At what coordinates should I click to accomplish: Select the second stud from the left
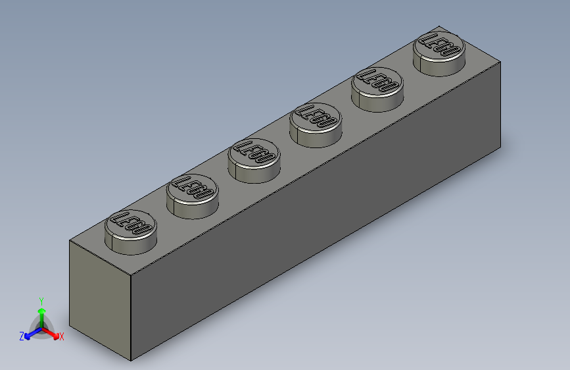[192, 192]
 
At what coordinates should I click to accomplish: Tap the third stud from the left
[254, 157]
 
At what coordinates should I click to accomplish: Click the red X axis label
[62, 336]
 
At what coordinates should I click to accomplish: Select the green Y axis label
[41, 300]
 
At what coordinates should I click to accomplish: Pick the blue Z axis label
[22, 336]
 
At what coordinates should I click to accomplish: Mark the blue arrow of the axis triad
[30, 334]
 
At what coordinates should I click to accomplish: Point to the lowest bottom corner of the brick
[131, 361]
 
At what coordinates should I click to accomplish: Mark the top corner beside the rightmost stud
[500, 63]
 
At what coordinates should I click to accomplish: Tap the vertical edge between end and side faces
[131, 316]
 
